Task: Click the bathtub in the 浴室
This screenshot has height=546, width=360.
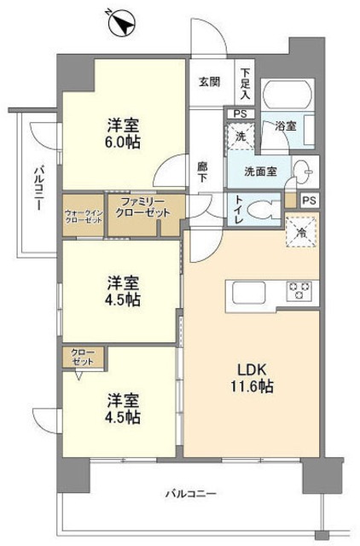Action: (x=288, y=96)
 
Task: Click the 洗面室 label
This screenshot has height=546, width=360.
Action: (x=259, y=171)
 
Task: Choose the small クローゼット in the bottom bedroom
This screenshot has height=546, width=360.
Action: (x=83, y=356)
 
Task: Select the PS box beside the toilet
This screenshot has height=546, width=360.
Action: (x=309, y=200)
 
